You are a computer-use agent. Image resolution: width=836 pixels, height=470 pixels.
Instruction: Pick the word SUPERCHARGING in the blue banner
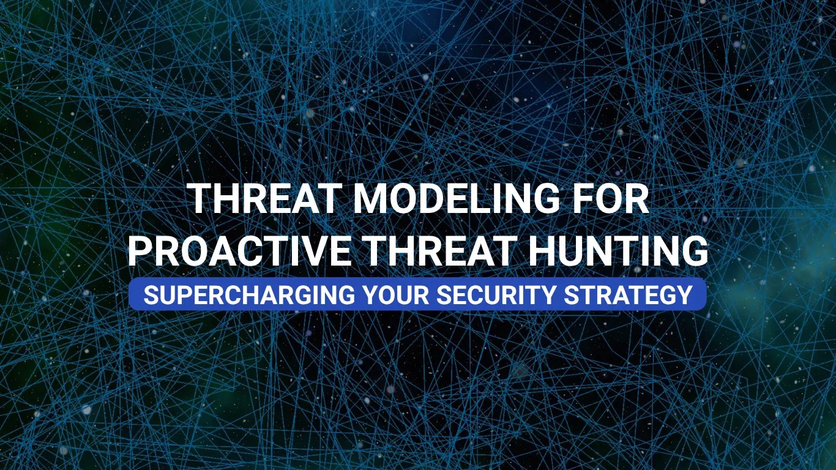[x=249, y=295]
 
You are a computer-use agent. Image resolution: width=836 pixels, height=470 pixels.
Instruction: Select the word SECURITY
[x=496, y=295]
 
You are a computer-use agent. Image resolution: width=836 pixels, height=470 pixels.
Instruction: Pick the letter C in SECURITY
[x=473, y=295]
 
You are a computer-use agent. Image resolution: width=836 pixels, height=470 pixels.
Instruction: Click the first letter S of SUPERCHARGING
[x=151, y=295]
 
